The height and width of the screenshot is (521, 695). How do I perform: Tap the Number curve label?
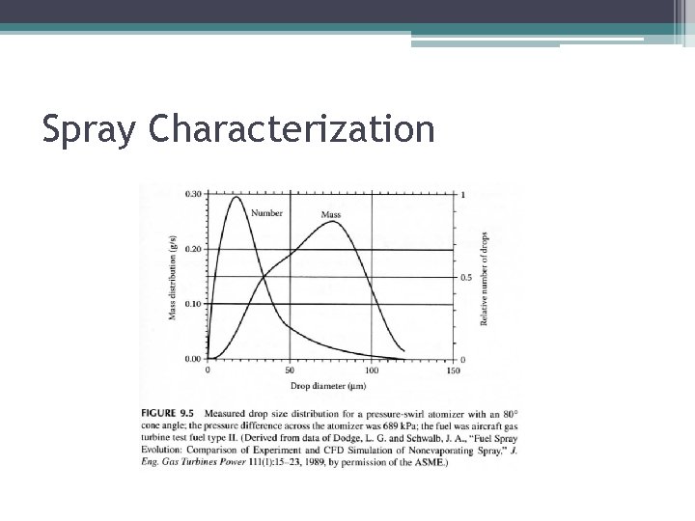pyautogui.click(x=266, y=213)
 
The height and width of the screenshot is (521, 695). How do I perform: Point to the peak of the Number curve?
pyautogui.click(x=236, y=198)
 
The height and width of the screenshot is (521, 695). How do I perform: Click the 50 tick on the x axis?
pyautogui.click(x=291, y=370)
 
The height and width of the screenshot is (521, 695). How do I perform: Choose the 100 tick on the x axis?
pyautogui.click(x=372, y=370)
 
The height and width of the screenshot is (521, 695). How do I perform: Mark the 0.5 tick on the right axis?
pyautogui.click(x=467, y=277)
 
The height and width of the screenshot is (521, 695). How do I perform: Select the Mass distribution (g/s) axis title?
pyautogui.click(x=174, y=278)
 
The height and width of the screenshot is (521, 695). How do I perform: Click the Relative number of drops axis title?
pyautogui.click(x=484, y=278)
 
